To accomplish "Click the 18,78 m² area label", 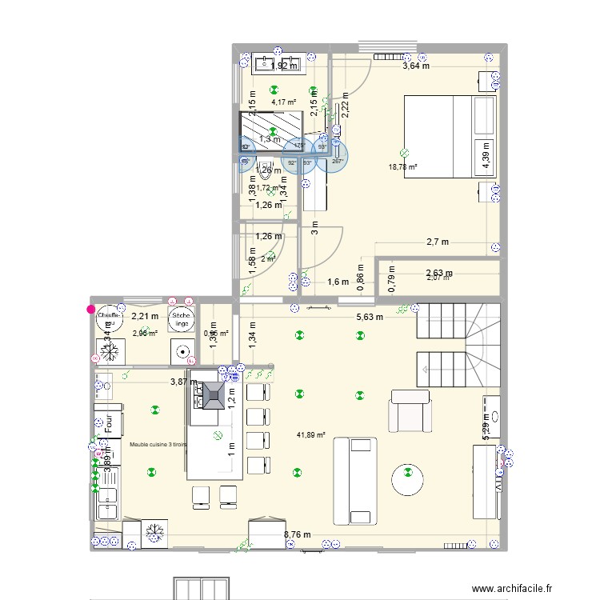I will coord(404,166).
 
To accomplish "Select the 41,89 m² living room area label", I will coord(310,435).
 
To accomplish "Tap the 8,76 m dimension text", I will coord(298,535).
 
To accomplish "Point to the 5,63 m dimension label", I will coord(369,317).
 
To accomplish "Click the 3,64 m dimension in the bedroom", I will coord(415,66).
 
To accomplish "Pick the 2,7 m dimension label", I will coord(437,242).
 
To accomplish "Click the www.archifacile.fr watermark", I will coord(512,589).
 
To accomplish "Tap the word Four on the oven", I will coord(108,422).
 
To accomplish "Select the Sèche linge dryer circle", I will coord(180,319).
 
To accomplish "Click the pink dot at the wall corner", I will coord(90,309).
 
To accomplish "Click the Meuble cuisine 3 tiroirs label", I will coord(158,444).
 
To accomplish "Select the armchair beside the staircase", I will coord(409,413).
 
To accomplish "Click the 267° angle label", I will coord(337,162).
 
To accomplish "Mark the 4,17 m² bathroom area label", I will coord(283,102).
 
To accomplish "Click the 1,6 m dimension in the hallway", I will coord(338,282).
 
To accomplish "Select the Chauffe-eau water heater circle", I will coord(108,319).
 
